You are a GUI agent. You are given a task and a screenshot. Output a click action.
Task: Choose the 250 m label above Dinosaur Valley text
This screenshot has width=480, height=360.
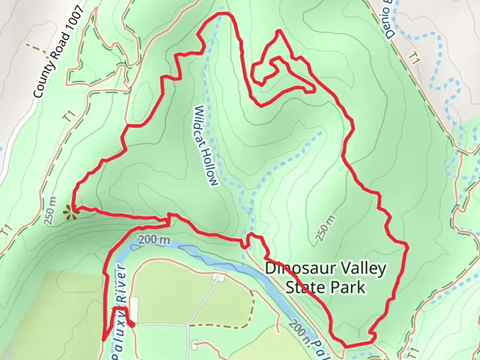[x=325, y=228]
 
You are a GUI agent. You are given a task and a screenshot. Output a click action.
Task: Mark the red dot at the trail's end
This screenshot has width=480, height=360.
[x=132, y=325]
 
